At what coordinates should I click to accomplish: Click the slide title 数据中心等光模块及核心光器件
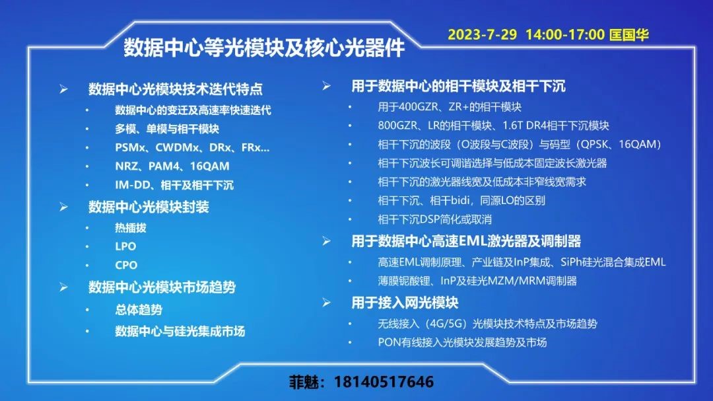click(x=263, y=48)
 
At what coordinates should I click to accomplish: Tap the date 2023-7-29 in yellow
click(x=483, y=34)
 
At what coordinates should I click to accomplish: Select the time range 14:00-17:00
click(x=565, y=34)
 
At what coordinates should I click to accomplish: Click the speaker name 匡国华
click(x=629, y=34)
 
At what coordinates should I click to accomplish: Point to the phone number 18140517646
click(x=384, y=381)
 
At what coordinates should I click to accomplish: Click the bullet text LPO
click(x=125, y=246)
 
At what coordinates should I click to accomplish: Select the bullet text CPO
click(x=126, y=265)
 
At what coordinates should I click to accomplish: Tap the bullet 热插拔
click(x=131, y=227)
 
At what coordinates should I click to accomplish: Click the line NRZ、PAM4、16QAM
click(x=172, y=166)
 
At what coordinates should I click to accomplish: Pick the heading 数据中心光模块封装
click(x=149, y=207)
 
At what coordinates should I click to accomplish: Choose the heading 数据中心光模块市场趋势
click(x=162, y=287)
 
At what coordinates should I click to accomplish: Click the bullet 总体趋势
click(x=139, y=310)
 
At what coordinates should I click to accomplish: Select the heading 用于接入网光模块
click(x=405, y=303)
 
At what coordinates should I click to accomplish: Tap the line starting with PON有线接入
click(x=462, y=342)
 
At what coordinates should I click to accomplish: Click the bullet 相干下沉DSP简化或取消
click(x=434, y=219)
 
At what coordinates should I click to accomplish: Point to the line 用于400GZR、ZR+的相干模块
click(x=450, y=107)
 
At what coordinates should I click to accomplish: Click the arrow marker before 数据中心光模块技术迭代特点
click(x=63, y=89)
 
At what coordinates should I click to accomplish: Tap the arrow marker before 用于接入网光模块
click(x=327, y=303)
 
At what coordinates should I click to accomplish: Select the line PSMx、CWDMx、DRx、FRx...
click(x=192, y=147)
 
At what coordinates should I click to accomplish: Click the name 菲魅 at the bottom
click(x=304, y=381)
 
